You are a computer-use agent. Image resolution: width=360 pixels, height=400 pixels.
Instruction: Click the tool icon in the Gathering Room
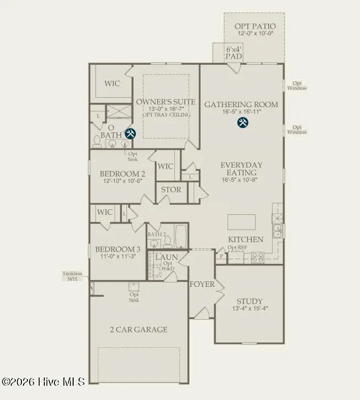[242, 123]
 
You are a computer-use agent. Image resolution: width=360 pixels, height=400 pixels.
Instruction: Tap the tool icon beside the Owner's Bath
[130, 134]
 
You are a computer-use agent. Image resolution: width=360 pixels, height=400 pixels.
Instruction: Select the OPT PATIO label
[255, 26]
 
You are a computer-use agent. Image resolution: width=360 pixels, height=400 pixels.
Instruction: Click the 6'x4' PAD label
[234, 53]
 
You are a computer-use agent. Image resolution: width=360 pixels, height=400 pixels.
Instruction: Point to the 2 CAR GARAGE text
[139, 330]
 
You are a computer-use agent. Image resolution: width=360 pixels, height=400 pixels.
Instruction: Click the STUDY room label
[249, 301]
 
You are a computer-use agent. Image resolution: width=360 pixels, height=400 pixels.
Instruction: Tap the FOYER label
[202, 284]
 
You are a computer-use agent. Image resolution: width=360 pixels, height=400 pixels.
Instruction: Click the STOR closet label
[171, 190]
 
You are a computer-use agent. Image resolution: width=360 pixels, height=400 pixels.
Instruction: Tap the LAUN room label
[165, 257]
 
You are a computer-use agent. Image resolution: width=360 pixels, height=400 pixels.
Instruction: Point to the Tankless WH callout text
[72, 276]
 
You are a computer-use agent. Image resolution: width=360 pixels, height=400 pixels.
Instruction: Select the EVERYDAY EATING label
[241, 169]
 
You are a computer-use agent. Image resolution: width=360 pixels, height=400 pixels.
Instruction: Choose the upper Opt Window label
[297, 85]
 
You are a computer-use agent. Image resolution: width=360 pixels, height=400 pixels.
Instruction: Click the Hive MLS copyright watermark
[43, 381]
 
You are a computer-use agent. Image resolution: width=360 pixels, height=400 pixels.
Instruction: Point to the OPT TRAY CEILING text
[165, 115]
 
